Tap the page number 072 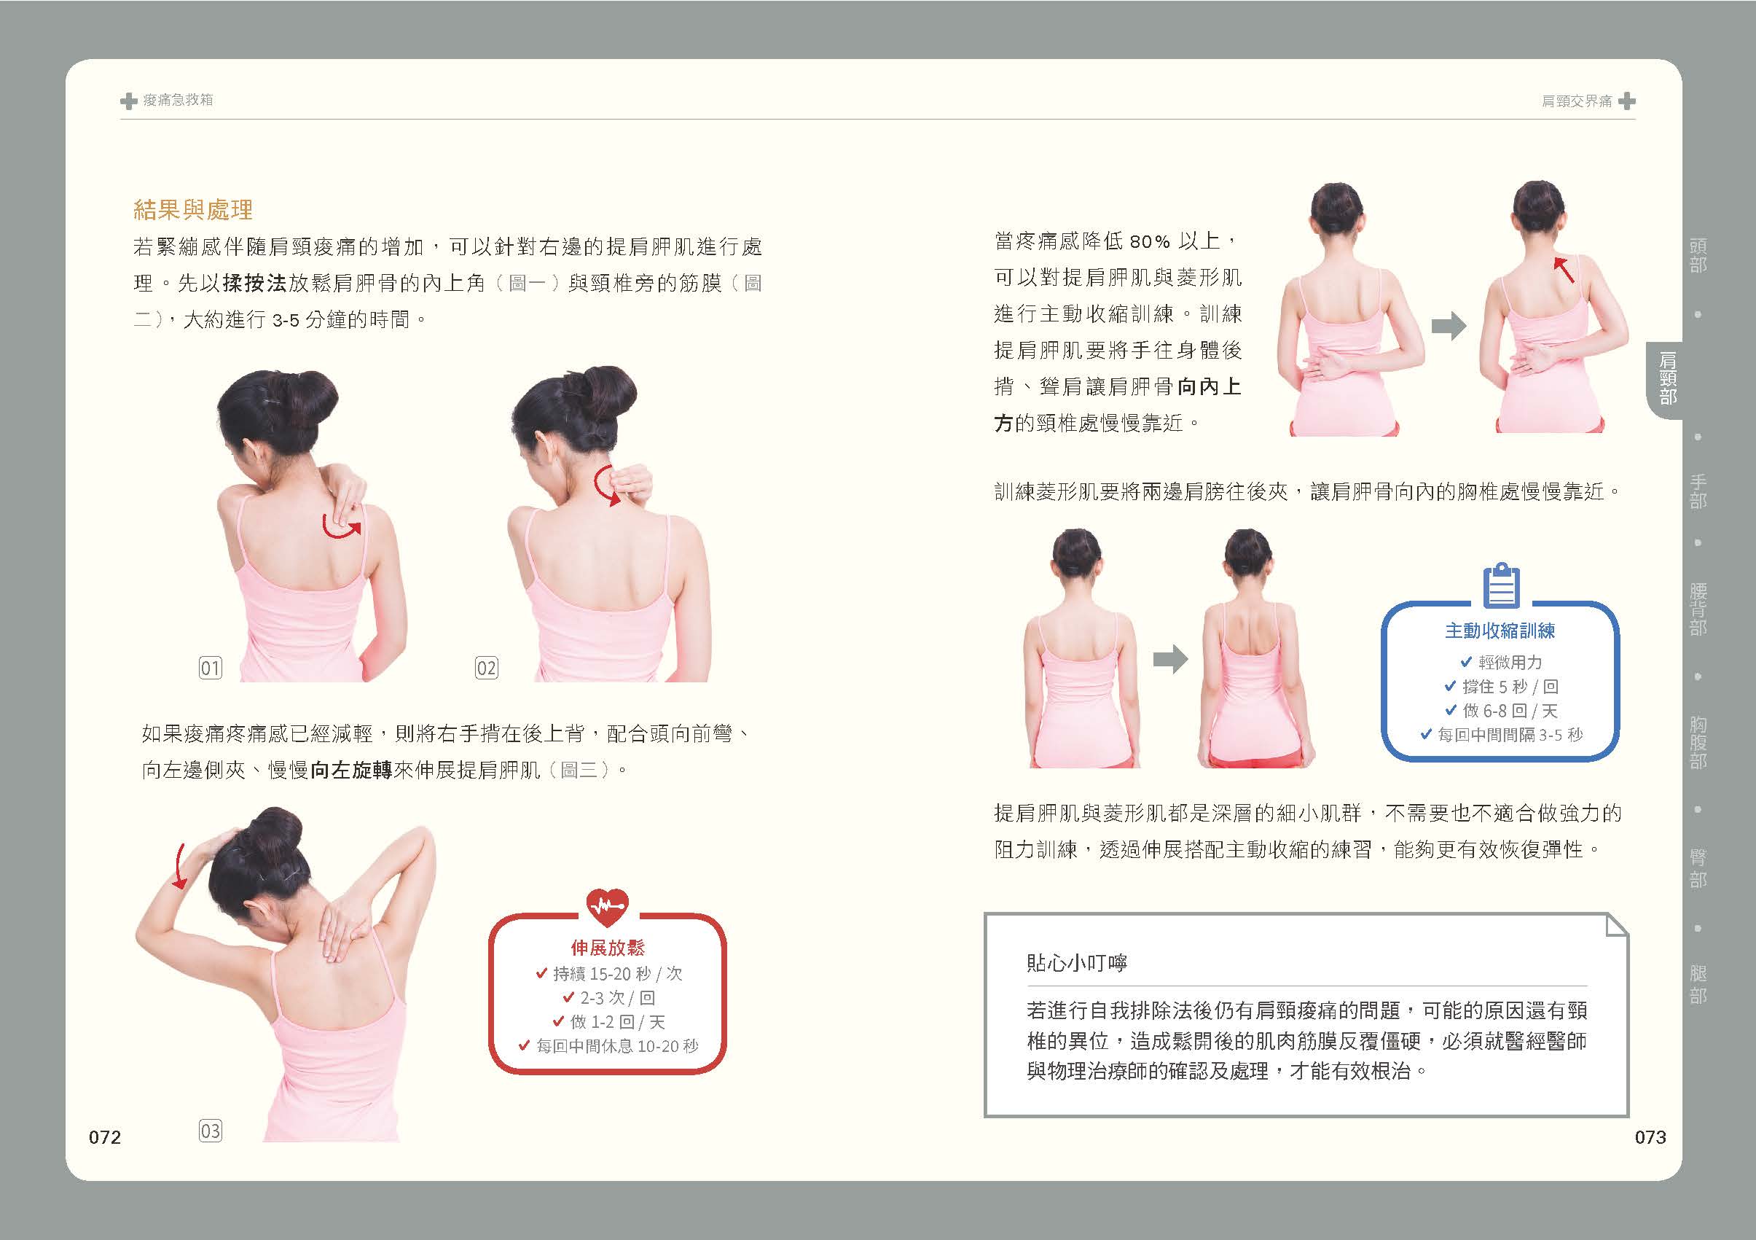105,1137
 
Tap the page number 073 1650,1137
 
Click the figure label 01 211,668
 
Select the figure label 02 486,668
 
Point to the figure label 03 211,1131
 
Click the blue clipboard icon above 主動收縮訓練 1501,586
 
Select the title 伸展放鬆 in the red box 608,948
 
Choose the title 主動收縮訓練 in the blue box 1500,631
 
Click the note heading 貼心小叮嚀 1077,962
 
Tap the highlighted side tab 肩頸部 1668,378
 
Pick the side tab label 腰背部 1698,609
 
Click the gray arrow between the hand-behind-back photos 1449,327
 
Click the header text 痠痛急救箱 178,100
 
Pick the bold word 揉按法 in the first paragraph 255,283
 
